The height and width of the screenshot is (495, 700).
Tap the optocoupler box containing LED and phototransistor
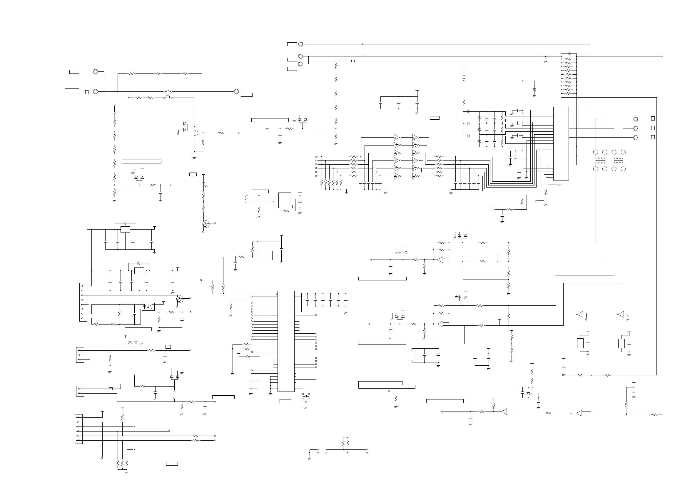(x=148, y=307)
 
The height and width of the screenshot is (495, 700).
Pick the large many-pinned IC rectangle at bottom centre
(x=286, y=341)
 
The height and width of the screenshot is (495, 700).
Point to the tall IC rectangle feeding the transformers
(x=561, y=143)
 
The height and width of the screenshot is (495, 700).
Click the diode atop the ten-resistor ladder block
(x=570, y=53)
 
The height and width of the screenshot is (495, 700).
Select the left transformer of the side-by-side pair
(x=600, y=160)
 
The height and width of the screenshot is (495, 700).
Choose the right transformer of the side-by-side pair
(x=619, y=160)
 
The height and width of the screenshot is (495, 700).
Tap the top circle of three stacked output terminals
(x=636, y=119)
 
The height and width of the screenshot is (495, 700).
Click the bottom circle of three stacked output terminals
(x=636, y=138)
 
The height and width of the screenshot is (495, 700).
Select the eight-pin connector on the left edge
(x=83, y=302)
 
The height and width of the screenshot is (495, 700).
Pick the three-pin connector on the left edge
(x=80, y=355)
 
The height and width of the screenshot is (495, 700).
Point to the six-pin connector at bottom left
(x=79, y=429)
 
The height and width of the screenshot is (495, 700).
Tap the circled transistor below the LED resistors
(x=206, y=224)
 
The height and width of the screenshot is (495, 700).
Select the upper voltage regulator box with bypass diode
(x=125, y=230)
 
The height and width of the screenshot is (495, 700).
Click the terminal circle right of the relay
(x=236, y=91)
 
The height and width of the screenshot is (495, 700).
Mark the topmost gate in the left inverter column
(x=396, y=137)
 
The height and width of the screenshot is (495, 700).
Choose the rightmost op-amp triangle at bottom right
(x=579, y=413)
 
